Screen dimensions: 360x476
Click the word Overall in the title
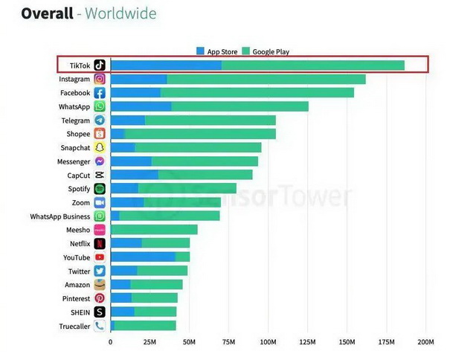47,14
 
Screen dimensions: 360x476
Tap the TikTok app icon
100,65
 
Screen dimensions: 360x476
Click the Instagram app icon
100,79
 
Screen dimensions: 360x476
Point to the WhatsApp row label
74,106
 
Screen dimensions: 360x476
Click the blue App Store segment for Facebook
135,93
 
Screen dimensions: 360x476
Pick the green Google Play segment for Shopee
200,134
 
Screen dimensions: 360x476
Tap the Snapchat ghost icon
100,148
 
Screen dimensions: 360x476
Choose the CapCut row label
78,176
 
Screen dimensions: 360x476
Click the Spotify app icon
100,189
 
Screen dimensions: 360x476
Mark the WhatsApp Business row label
59,216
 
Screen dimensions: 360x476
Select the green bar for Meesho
154,230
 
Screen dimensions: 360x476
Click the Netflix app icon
100,243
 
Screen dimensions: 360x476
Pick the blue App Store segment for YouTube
143,257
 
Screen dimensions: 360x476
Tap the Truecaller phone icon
100,326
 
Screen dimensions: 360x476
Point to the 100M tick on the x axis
268,342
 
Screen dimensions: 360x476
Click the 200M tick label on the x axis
425,342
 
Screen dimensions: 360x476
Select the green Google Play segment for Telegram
210,120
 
